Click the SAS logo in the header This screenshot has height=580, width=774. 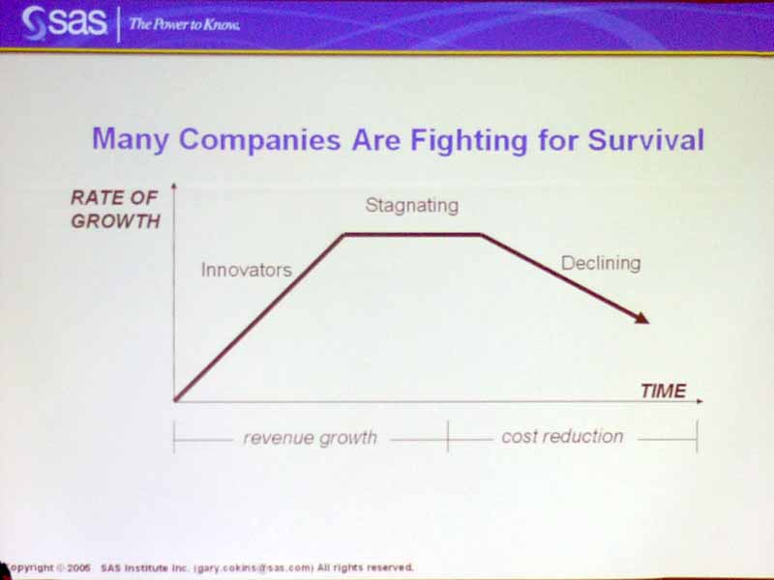coord(64,22)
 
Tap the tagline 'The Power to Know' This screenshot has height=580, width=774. coord(185,24)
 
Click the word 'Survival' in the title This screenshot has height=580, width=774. coord(645,139)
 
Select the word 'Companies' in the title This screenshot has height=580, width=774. coord(259,140)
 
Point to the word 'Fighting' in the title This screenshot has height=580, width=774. coord(469,140)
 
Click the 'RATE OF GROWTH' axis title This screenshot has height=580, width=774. coord(115,210)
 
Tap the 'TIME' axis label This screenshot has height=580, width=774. coord(664,391)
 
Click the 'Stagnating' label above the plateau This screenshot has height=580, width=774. coord(412,206)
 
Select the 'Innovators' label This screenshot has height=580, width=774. coord(247,271)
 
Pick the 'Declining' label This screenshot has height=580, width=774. coord(601,263)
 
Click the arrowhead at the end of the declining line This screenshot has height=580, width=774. coord(642,318)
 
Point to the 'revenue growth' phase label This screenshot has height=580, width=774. coord(311,438)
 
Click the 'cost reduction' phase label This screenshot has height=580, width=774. coord(563,437)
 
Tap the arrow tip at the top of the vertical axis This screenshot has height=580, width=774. coord(174,184)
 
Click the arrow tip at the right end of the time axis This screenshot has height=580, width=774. coord(702,401)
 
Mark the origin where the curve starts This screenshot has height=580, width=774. coord(175,400)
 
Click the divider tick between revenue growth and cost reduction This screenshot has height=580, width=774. coord(448,437)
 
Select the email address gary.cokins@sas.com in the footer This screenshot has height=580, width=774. coord(254,567)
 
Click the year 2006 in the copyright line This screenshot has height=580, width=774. coord(78,567)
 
